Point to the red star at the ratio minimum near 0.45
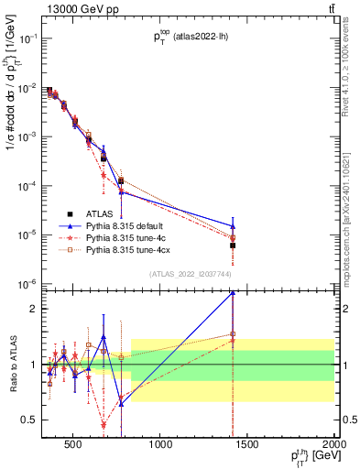point(104,425)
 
